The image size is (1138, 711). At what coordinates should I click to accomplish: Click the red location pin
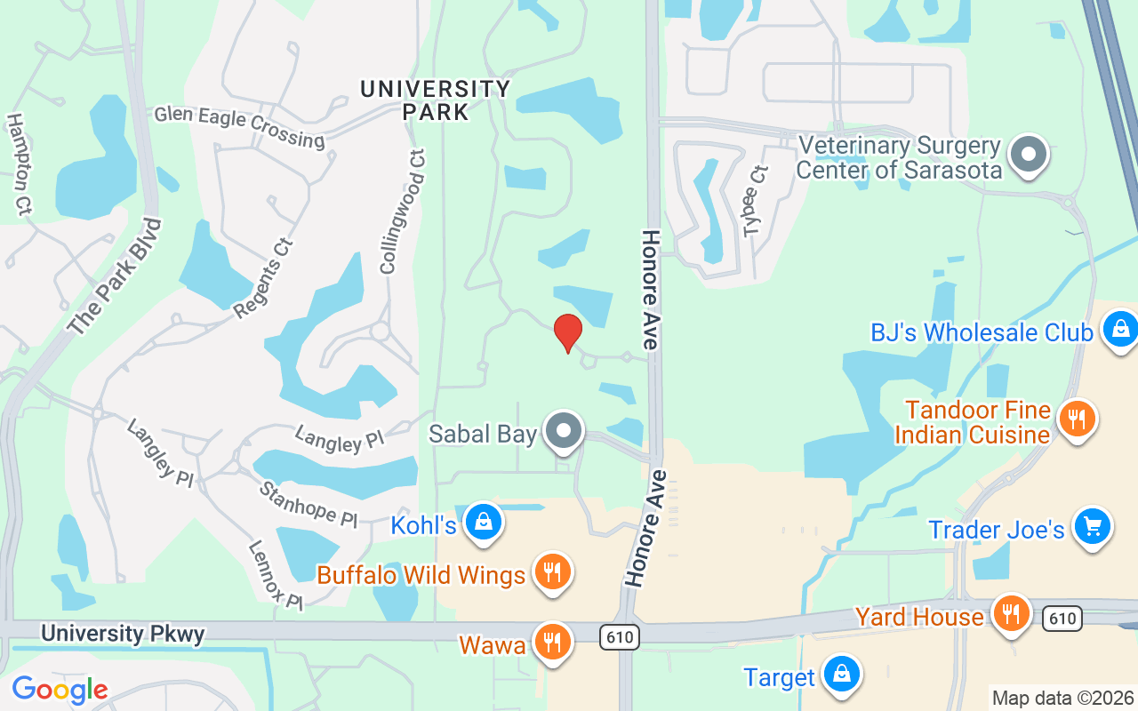coord(567,333)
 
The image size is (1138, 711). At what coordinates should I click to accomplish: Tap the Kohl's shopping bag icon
coord(483,523)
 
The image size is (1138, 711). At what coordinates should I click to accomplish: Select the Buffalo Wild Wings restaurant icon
coord(552,572)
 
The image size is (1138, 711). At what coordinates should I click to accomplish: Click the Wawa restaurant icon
coord(552,641)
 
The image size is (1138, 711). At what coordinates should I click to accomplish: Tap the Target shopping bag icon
coord(839,675)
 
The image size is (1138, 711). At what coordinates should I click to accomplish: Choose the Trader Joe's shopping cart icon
coord(1092,527)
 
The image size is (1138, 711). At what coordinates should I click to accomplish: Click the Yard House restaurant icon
coord(1010,613)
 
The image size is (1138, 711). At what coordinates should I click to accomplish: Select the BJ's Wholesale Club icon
coord(1120,329)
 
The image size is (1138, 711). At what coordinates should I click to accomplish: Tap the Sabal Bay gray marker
coord(563,431)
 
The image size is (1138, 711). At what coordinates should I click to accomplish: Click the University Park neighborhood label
coord(436,100)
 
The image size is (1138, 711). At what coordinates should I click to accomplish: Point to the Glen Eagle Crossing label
coord(239,126)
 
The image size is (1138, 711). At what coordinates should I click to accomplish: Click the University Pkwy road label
coord(123,634)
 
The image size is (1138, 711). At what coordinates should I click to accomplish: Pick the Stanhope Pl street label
coord(309,503)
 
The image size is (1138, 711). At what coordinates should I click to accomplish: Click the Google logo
coord(60,690)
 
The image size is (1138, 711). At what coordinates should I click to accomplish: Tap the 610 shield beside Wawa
coord(618,636)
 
